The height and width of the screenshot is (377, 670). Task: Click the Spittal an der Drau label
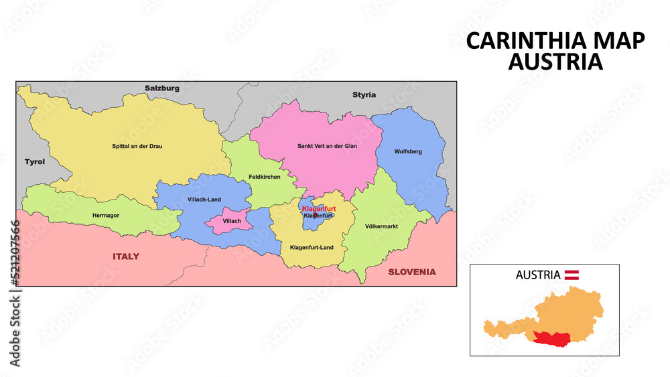(x=137, y=146)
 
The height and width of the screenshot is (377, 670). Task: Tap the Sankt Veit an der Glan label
(x=327, y=146)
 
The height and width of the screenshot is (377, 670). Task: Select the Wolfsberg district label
(x=408, y=152)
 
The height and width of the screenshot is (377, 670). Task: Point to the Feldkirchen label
(x=264, y=177)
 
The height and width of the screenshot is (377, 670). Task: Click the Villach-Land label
(x=205, y=200)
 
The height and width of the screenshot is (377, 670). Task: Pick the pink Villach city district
(x=231, y=222)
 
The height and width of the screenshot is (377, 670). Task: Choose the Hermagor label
(x=106, y=216)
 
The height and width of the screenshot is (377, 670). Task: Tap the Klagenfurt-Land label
(x=312, y=248)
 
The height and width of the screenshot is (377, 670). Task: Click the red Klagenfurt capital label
(x=319, y=209)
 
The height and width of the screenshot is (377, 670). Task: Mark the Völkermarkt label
(x=382, y=226)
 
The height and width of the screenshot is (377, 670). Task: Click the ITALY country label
(x=126, y=256)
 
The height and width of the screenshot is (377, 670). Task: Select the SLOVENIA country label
(x=411, y=272)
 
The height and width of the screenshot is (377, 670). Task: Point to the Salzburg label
(x=162, y=88)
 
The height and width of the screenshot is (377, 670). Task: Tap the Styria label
(x=364, y=95)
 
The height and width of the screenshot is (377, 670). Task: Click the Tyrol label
(x=34, y=162)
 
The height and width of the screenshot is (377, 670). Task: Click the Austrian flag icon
(x=572, y=275)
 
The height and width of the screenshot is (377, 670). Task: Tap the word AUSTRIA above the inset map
(x=538, y=275)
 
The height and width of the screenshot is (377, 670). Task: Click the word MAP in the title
(x=618, y=42)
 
